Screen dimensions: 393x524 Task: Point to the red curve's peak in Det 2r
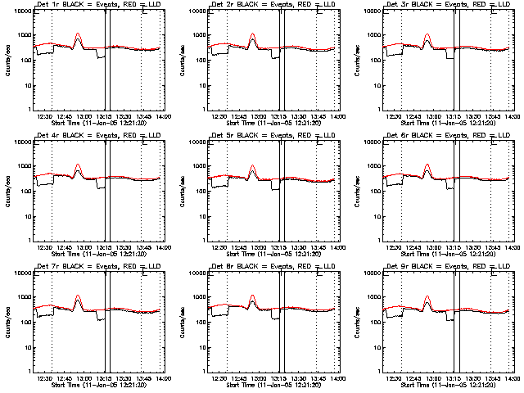click(253, 34)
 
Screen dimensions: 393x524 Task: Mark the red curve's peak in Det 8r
click(253, 296)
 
